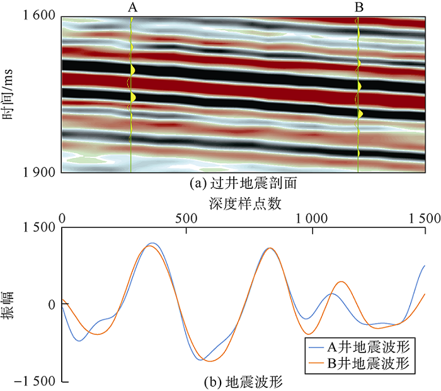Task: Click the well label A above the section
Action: click(x=131, y=8)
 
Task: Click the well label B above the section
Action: click(x=358, y=8)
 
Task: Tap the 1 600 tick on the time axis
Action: click(x=39, y=17)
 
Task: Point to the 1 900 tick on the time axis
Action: click(x=39, y=172)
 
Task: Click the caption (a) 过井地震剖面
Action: click(x=243, y=184)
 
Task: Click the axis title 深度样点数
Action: click(x=243, y=203)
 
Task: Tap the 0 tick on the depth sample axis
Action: click(x=62, y=218)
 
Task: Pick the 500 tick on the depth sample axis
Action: click(x=186, y=218)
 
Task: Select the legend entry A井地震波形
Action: click(x=368, y=346)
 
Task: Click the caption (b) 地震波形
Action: click(x=243, y=382)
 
